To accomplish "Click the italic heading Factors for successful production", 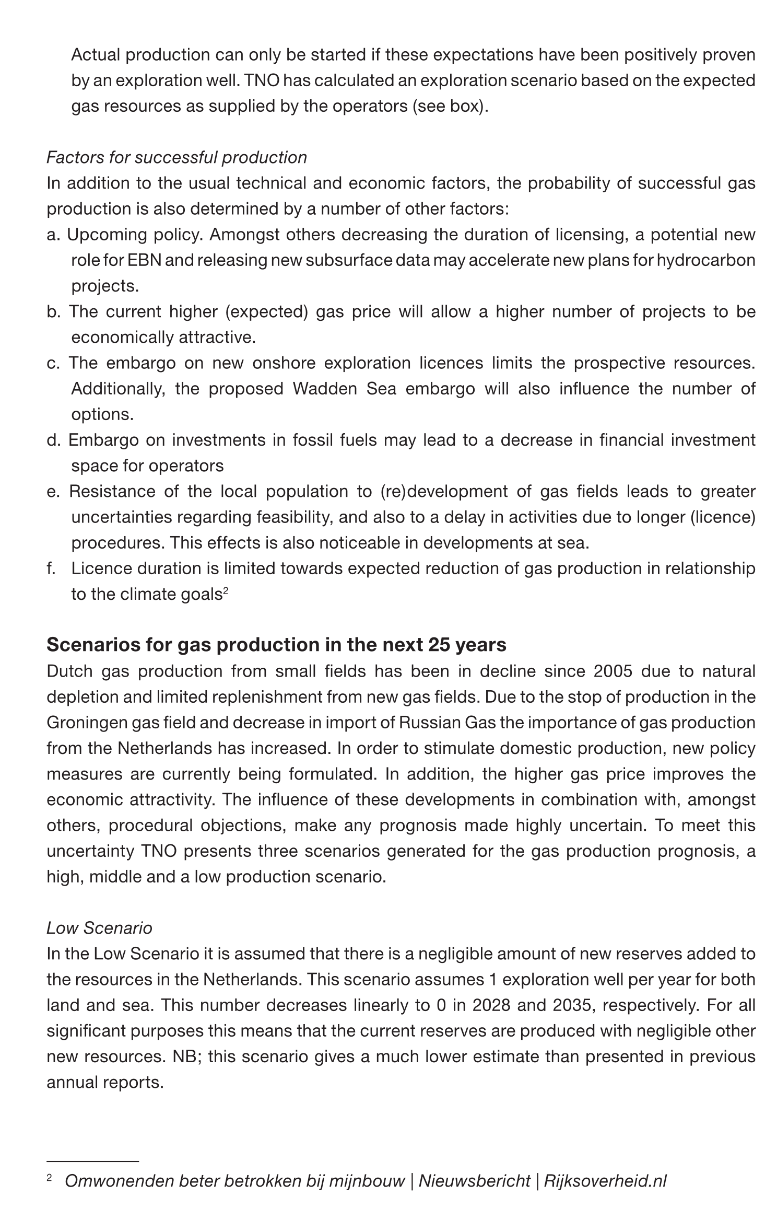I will coord(176,157).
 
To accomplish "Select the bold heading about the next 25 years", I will coord(276,645).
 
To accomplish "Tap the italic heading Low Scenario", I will coord(99,927).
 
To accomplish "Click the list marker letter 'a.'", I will coord(54,235).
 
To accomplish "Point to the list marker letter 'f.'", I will coord(51,568).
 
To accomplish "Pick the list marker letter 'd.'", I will coord(54,440).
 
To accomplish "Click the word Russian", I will coord(429,722).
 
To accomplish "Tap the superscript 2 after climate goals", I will coord(226,590).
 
